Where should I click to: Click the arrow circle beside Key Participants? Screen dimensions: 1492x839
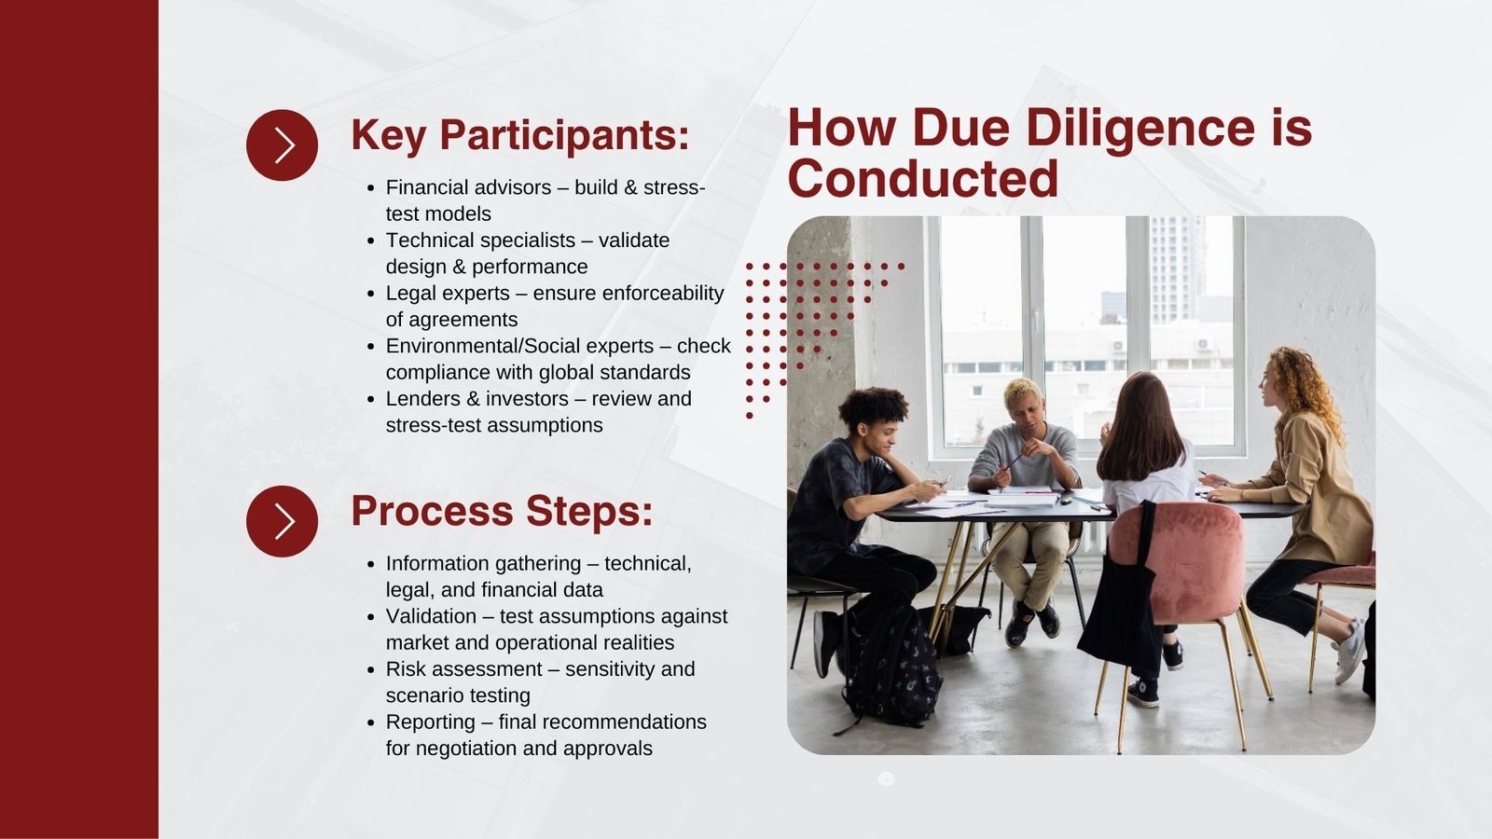[282, 145]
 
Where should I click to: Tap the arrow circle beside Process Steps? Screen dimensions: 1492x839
[282, 521]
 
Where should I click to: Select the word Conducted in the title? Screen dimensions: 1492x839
[922, 178]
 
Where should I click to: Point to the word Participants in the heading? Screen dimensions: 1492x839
[564, 137]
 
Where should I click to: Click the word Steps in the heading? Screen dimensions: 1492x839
[588, 513]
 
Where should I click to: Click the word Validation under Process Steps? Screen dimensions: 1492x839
[431, 616]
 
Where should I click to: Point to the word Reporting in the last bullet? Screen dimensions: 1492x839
[431, 722]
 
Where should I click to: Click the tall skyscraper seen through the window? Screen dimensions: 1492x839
[1176, 269]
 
